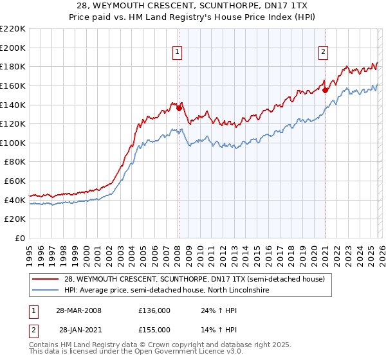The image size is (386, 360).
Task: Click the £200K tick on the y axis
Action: tap(13, 48)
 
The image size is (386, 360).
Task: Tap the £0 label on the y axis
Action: tap(21, 239)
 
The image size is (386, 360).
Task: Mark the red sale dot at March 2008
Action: tap(179, 109)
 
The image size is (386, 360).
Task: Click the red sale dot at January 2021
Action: tap(325, 90)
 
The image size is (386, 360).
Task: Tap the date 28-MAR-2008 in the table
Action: tap(79, 311)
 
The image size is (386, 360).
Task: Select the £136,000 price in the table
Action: tap(154, 311)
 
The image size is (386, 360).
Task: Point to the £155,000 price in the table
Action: tap(154, 329)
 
